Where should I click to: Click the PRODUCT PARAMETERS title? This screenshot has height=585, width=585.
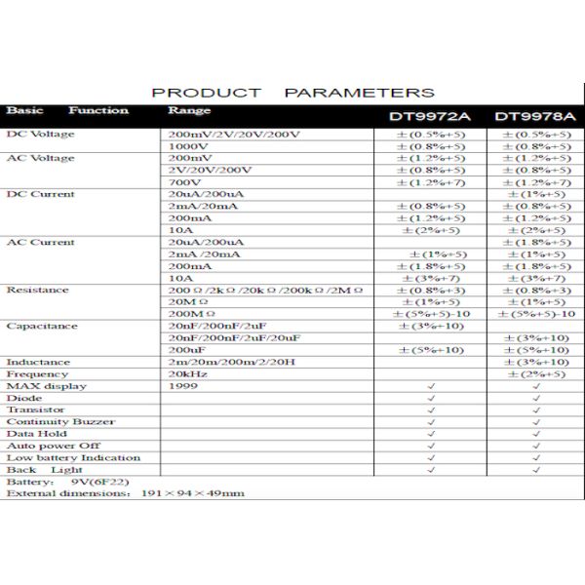pos(292,93)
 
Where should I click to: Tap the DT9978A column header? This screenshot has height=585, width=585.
pos(532,117)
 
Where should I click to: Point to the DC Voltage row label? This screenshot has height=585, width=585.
pos(40,134)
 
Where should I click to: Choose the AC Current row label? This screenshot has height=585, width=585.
pos(40,242)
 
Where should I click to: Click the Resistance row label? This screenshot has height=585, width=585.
pos(39,290)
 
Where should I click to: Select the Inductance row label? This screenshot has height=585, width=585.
pos(38,362)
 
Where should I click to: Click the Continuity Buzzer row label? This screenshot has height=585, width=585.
pos(60,422)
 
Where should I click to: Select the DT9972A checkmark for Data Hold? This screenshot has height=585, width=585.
pos(431,434)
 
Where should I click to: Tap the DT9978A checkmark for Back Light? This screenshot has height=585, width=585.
pos(535,470)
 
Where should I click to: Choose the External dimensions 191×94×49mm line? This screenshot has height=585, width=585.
pos(126,494)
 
